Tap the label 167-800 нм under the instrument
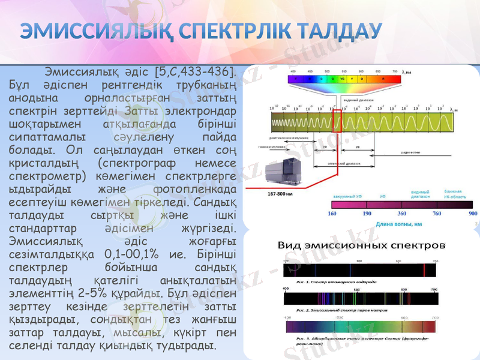[281, 194]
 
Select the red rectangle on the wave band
[336, 121]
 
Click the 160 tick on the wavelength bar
[332, 213]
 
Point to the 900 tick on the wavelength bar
[472, 213]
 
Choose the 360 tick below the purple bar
[402, 213]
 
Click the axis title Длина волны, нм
[399, 224]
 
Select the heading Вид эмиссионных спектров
[362, 245]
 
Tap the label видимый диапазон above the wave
[358, 100]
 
